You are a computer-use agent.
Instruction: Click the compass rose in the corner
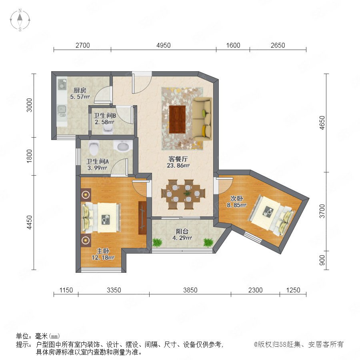pos(20,20)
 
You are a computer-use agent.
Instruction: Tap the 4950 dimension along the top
pos(164,45)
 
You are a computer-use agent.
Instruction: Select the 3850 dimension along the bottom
pos(190,290)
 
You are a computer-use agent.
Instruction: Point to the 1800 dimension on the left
pos(29,156)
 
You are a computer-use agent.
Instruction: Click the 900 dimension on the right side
pos(322,260)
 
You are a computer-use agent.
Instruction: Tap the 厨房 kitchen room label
pos(80,90)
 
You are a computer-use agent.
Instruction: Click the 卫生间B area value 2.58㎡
pos(105,122)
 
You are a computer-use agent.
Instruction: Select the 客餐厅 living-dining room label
pos(178,159)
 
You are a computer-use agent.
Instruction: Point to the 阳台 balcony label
pos(182,232)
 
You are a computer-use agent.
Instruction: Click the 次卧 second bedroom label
pos(237,198)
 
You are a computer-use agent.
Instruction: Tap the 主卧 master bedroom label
pos(103,251)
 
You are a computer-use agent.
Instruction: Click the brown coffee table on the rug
pos(177,119)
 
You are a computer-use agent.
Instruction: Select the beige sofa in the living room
pos(202,118)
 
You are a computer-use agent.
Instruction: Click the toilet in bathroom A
pos(94,147)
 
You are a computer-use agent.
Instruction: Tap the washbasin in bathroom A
pos(123,146)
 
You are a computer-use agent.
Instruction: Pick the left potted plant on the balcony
pos(157,243)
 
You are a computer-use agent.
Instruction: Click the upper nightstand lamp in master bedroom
pos(86,195)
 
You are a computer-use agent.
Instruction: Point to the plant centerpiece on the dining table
pos(188,193)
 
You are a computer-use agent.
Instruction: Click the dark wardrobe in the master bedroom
pos(142,218)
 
